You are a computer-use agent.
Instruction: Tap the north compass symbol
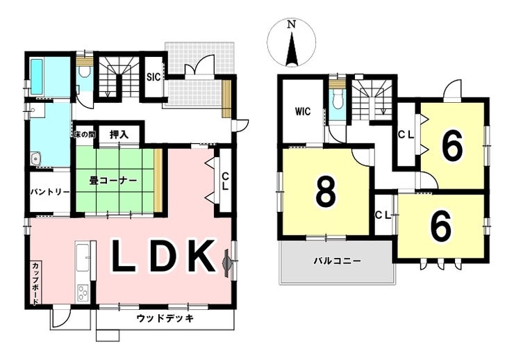point(292,43)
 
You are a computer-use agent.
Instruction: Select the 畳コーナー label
point(113,180)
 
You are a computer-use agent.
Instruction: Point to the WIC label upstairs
point(302,111)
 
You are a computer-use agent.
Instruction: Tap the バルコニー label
point(336,261)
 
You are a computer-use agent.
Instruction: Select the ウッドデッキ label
point(165,318)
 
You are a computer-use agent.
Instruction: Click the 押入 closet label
point(119,134)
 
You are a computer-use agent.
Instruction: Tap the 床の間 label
point(84,133)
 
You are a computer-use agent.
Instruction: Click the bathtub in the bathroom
point(37,78)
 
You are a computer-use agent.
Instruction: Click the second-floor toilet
point(337,99)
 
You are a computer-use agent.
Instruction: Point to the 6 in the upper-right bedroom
point(452,146)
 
